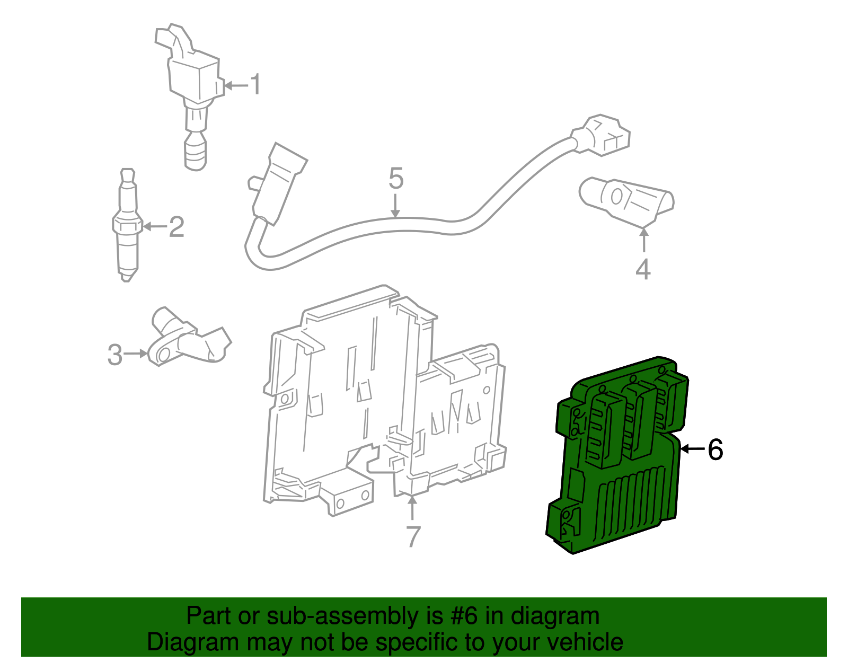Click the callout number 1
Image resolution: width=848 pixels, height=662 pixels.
click(x=255, y=85)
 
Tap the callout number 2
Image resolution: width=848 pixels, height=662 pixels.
click(x=176, y=227)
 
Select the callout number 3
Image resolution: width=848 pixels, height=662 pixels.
click(x=114, y=355)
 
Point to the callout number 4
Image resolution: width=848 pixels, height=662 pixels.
click(x=643, y=269)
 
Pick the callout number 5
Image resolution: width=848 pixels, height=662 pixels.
click(x=396, y=179)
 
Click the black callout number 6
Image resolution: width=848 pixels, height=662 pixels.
click(x=715, y=449)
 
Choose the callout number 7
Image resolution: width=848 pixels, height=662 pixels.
click(x=413, y=536)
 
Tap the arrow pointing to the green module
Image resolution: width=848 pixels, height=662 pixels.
click(x=692, y=449)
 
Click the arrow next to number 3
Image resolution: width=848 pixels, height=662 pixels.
click(x=136, y=354)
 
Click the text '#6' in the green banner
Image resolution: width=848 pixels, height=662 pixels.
click(x=464, y=616)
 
